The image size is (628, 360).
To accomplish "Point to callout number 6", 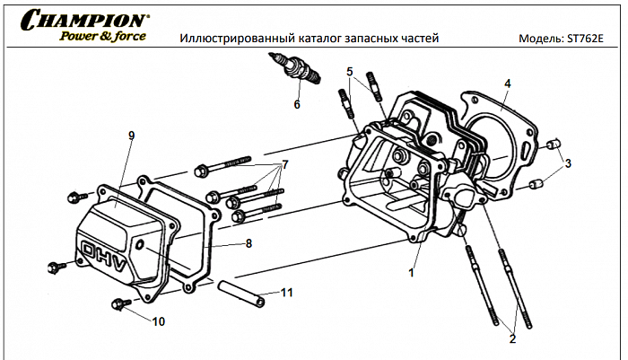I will tap(296, 104).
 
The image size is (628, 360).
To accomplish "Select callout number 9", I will tap(131, 136).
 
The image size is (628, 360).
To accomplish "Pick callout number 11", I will tap(287, 293).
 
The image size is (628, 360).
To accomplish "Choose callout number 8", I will tap(249, 242).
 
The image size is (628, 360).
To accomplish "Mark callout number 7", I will tap(285, 164).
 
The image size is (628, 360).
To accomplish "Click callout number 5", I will tap(351, 71).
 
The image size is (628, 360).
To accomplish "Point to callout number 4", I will tap(507, 83).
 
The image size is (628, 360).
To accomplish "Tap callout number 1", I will tap(412, 270).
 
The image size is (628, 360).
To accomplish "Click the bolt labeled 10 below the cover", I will tap(118, 304).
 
